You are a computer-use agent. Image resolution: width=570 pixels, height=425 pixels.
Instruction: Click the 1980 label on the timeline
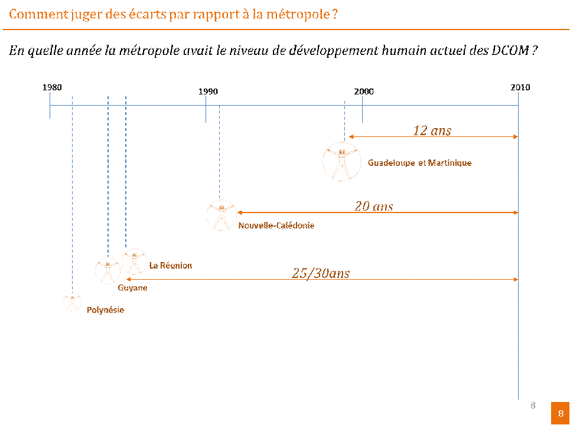[x=52, y=87]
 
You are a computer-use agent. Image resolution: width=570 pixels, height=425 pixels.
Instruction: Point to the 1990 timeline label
[x=208, y=91]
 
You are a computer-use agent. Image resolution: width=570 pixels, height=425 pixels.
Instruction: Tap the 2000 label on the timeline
[x=364, y=91]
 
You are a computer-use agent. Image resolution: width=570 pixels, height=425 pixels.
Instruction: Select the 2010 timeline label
[x=520, y=87]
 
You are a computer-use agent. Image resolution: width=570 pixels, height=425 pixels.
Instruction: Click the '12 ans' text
[x=432, y=130]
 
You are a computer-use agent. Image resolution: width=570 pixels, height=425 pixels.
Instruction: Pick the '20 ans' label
[x=373, y=206]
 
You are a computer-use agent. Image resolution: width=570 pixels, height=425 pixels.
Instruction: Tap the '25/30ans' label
[x=321, y=273]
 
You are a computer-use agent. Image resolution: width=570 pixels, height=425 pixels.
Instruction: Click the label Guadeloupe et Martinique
[x=419, y=163]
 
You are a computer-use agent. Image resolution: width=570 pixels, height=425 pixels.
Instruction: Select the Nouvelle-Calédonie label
[x=276, y=225]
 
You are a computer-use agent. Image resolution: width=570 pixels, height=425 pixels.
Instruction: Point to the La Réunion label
[x=171, y=266]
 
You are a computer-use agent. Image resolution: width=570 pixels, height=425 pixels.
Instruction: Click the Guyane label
[x=132, y=288]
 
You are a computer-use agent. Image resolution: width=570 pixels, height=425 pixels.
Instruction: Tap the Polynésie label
[x=105, y=310]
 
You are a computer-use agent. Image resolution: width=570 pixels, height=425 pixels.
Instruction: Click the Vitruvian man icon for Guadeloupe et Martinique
[x=341, y=161]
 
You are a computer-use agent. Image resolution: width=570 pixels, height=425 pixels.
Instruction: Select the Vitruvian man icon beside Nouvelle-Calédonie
[x=221, y=215]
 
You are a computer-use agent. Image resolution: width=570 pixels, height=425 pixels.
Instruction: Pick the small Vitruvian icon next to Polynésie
[x=72, y=302]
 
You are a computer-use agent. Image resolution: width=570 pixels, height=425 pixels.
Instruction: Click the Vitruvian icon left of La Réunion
[x=135, y=261]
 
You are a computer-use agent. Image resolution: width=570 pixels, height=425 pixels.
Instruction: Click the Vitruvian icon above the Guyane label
[x=108, y=270]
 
